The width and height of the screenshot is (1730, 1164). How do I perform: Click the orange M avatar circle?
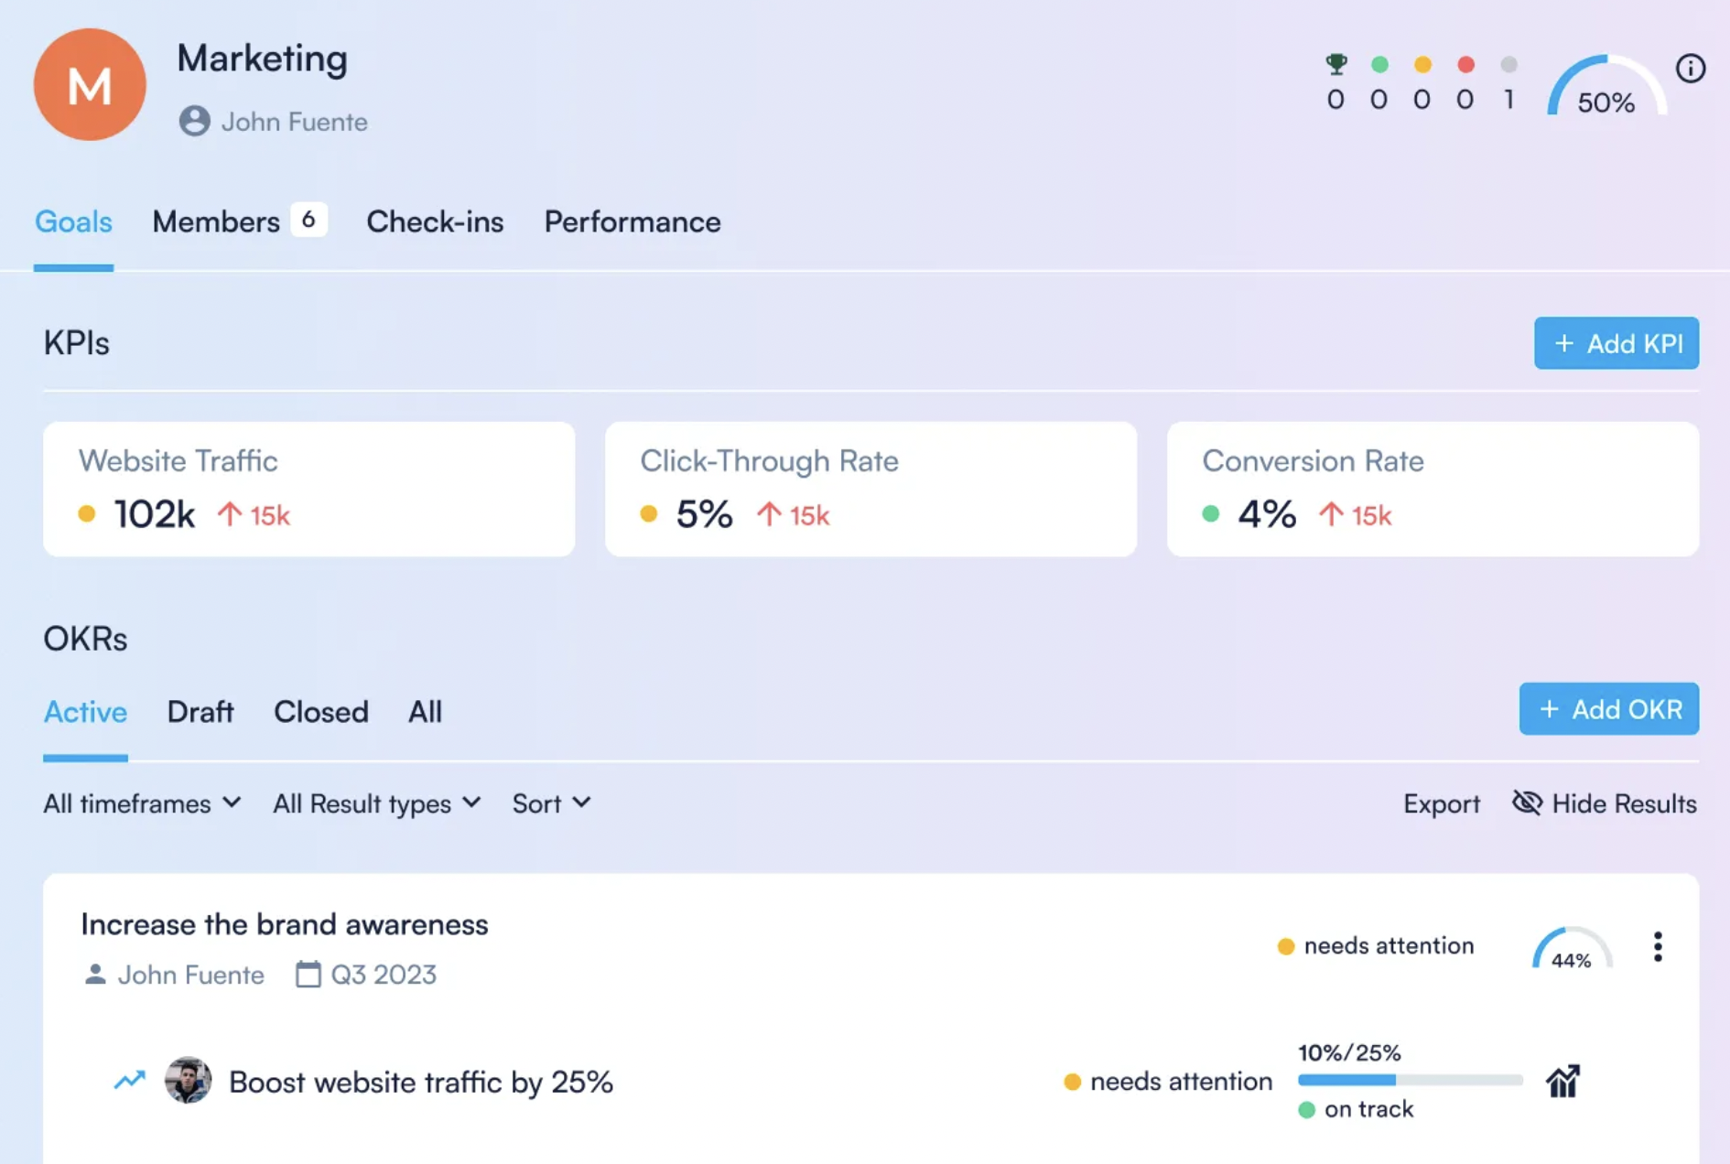[90, 84]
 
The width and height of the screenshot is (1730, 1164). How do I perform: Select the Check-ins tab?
[435, 221]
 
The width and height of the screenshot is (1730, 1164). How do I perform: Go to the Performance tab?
[632, 221]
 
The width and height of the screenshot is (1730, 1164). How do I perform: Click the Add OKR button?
[1608, 709]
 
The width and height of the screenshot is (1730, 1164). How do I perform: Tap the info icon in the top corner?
[1690, 69]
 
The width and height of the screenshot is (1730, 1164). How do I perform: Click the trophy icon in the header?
[1335, 64]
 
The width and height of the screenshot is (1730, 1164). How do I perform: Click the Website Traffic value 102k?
[154, 514]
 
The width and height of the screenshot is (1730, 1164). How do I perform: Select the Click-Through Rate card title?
[769, 460]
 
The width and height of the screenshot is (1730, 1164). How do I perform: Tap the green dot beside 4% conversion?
[1210, 514]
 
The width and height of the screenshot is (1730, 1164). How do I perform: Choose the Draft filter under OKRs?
[200, 712]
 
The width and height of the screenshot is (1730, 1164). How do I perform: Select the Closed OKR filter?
[320, 712]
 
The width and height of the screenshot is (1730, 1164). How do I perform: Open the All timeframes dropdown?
[142, 803]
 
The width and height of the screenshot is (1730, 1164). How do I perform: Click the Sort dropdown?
[551, 803]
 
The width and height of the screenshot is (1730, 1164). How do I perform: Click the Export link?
[1441, 803]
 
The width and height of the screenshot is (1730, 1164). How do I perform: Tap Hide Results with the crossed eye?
[1604, 803]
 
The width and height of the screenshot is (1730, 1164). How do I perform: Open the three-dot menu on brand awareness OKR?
[1657, 946]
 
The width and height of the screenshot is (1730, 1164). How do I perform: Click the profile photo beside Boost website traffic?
[188, 1081]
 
